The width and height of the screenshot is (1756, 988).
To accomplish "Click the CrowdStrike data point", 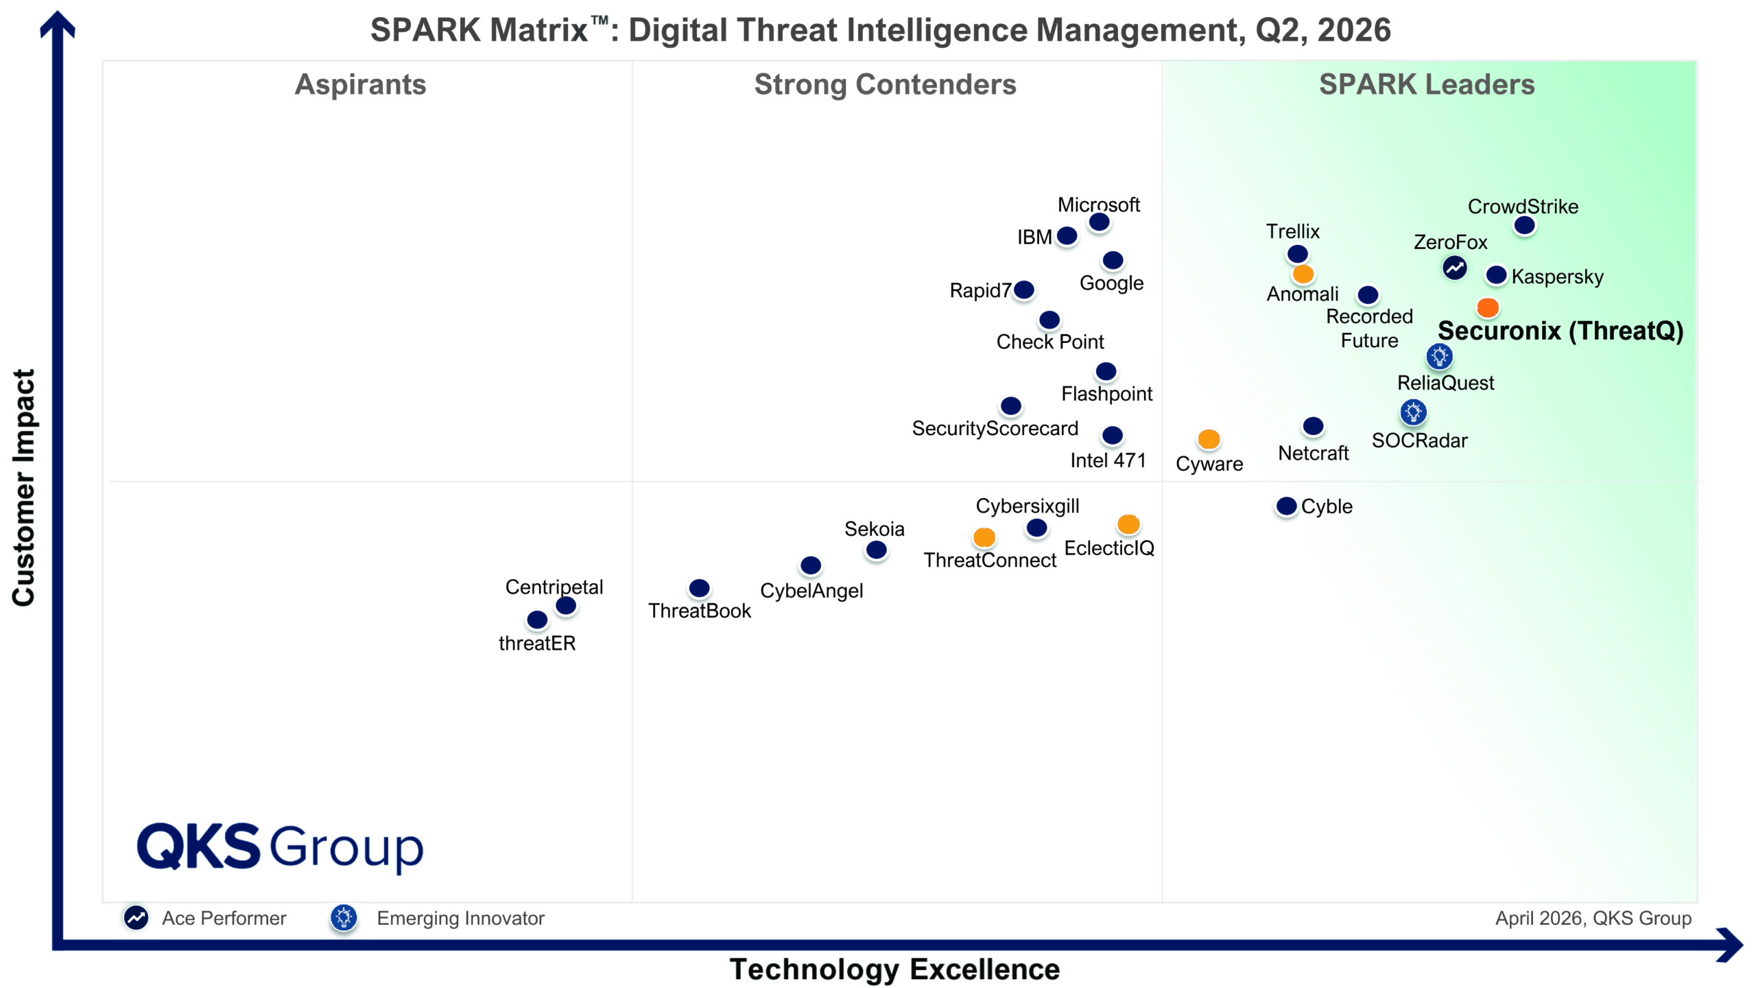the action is pyautogui.click(x=1523, y=225).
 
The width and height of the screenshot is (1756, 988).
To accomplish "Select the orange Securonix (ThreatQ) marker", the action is pyautogui.click(x=1487, y=307).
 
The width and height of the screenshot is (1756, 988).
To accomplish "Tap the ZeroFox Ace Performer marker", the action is pyautogui.click(x=1454, y=268).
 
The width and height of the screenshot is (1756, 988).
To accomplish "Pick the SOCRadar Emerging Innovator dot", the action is pyautogui.click(x=1413, y=412).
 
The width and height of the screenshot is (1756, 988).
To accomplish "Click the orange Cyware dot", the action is pyautogui.click(x=1209, y=439).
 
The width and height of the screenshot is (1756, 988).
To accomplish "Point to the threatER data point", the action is pyautogui.click(x=537, y=620).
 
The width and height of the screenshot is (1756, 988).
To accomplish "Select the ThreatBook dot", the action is pyautogui.click(x=699, y=588).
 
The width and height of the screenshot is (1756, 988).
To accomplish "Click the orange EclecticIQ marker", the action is pyautogui.click(x=1128, y=524).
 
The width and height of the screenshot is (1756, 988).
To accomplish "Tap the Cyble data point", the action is pyautogui.click(x=1286, y=506).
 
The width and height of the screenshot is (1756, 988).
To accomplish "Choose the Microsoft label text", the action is pyautogui.click(x=1098, y=204).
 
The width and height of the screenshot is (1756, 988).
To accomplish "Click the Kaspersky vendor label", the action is pyautogui.click(x=1557, y=277).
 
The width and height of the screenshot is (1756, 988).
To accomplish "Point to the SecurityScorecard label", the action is pyautogui.click(x=995, y=428).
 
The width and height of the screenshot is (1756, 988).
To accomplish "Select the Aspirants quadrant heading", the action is pyautogui.click(x=360, y=84).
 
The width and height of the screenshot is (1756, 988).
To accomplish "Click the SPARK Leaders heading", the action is pyautogui.click(x=1427, y=84).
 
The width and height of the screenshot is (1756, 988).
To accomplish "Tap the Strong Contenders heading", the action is pyautogui.click(x=885, y=84).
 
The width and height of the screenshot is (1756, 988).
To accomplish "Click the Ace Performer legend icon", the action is pyautogui.click(x=136, y=917).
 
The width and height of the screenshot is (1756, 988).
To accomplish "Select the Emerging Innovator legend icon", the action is pyautogui.click(x=344, y=917).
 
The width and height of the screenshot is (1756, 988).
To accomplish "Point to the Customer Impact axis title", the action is pyautogui.click(x=23, y=487).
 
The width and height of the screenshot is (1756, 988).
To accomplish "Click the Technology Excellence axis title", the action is pyautogui.click(x=894, y=969).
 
